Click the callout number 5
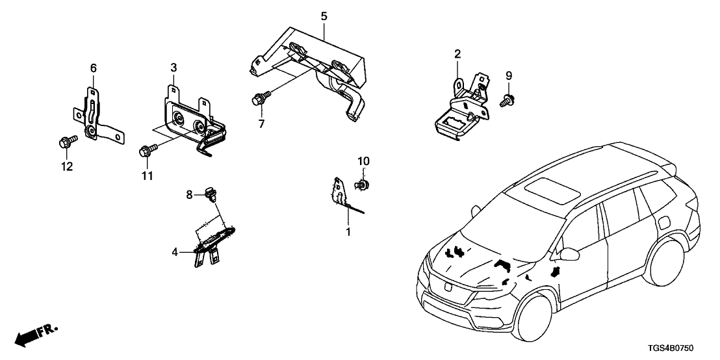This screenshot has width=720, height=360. click(x=324, y=15)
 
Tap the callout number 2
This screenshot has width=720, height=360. click(x=457, y=53)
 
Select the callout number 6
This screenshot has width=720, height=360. click(x=92, y=68)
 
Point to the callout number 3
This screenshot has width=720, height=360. click(x=174, y=68)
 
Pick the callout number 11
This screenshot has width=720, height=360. click(x=148, y=176)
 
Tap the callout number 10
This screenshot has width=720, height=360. click(x=363, y=160)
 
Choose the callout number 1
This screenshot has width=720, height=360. click(x=348, y=231)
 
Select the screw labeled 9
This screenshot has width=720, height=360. click(x=506, y=100)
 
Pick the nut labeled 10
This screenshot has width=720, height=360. click(x=361, y=185)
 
